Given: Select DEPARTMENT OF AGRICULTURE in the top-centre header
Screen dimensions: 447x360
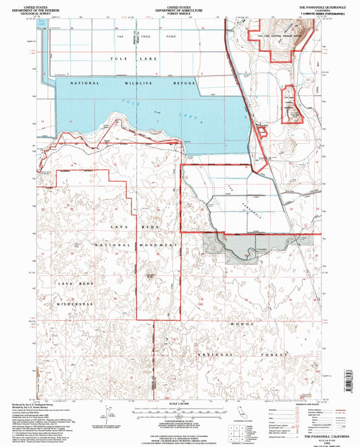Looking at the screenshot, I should point(180,9).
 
